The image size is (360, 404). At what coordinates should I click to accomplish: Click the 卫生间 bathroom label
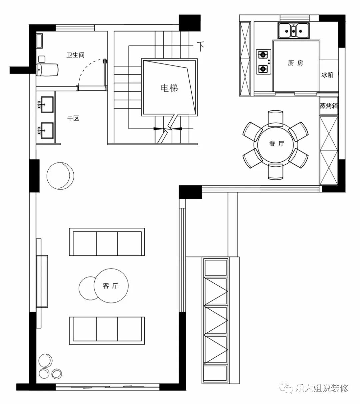pyautogui.click(x=75, y=55)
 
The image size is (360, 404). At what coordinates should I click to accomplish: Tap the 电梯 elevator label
pyautogui.click(x=169, y=88)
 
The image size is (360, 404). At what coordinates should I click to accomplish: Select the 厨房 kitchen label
pyautogui.click(x=296, y=63)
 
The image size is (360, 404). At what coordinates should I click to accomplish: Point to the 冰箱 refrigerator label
pyautogui.click(x=327, y=75)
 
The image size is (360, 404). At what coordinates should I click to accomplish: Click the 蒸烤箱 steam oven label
pyautogui.click(x=329, y=106)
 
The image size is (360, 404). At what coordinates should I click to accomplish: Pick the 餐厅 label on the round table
pyautogui.click(x=277, y=143)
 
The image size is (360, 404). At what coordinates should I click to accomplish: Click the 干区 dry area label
pyautogui.click(x=73, y=118)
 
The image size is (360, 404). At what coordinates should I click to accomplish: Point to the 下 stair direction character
pyautogui.click(x=200, y=46)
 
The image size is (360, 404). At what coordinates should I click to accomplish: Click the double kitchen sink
pyautogui.click(x=293, y=31)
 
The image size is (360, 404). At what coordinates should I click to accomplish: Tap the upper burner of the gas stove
pyautogui.click(x=263, y=54)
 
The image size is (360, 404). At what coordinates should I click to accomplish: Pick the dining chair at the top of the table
pyautogui.click(x=276, y=119)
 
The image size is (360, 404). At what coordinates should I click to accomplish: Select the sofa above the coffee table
pyautogui.click(x=107, y=242)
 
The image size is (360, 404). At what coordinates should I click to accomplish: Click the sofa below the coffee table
pyautogui.click(x=107, y=331)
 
